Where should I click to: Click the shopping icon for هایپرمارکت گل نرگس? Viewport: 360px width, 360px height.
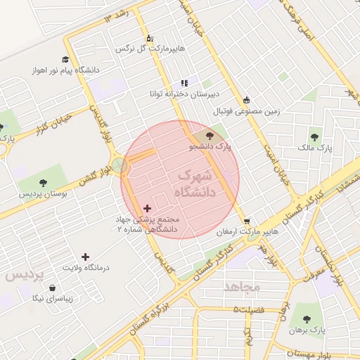click(x=149, y=39)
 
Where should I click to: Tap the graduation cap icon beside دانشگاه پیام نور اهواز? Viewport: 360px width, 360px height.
click(x=65, y=60)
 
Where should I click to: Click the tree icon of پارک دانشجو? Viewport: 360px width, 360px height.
click(x=210, y=135)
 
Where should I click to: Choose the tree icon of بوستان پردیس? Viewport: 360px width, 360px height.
click(x=43, y=183)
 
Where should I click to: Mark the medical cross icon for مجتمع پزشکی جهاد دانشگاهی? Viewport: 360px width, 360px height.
click(x=147, y=208)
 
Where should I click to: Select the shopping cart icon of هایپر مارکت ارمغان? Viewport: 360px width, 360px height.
click(x=247, y=220)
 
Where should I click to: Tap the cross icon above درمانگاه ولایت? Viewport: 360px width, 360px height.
click(x=86, y=257)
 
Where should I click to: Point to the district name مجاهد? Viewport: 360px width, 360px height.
click(x=242, y=287)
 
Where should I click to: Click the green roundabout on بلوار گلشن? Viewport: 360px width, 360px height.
click(x=120, y=166)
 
